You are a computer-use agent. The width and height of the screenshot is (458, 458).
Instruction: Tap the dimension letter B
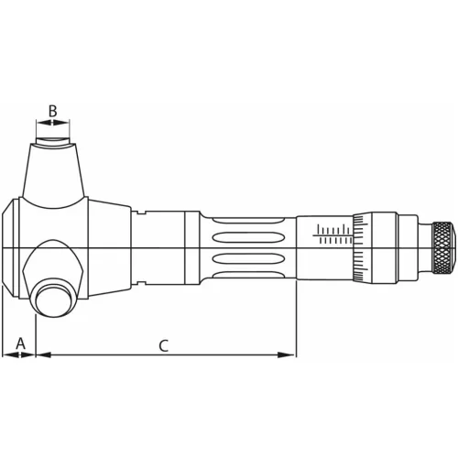pyautogui.click(x=53, y=112)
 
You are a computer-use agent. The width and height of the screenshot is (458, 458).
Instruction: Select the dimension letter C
pyautogui.click(x=163, y=345)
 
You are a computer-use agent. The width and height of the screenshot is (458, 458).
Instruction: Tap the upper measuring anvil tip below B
pyautogui.click(x=54, y=141)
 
